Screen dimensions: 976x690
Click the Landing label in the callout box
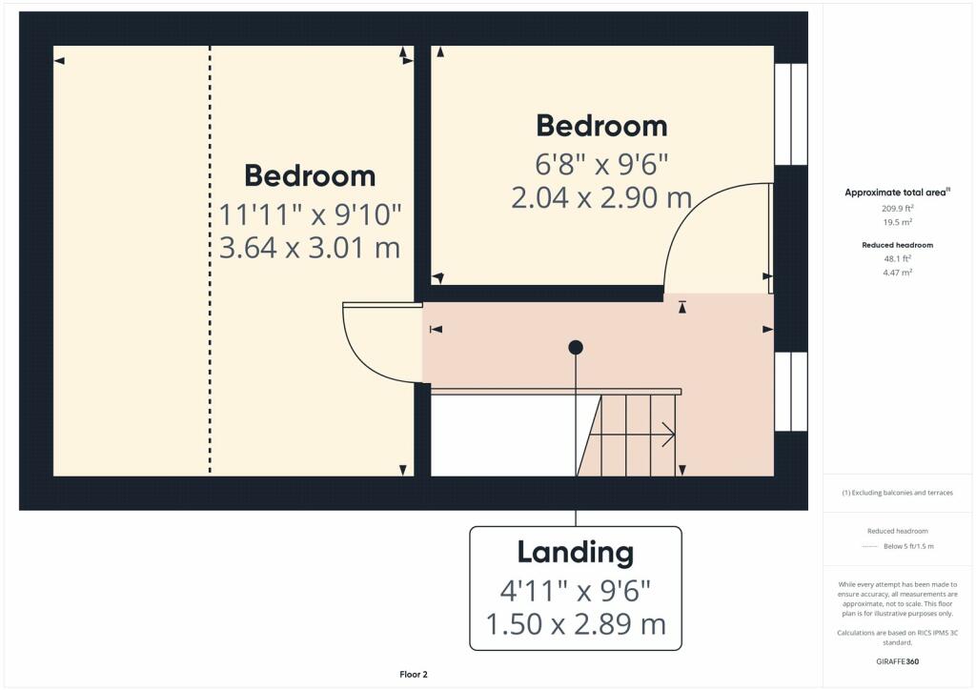click(575, 553)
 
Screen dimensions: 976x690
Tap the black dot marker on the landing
click(576, 347)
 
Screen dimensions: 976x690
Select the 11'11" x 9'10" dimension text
click(310, 215)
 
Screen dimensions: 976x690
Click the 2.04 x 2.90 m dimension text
click(601, 198)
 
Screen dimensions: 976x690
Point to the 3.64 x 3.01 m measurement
click(310, 248)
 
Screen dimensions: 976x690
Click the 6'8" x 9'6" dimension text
click(601, 165)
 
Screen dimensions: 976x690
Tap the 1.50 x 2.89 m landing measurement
click(575, 624)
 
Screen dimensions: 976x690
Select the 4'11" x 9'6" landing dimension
click(575, 591)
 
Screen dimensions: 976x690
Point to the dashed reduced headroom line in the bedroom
click(210, 259)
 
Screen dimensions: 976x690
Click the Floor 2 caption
click(414, 675)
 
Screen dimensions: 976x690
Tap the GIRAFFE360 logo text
click(897, 661)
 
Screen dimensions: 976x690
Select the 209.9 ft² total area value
click(897, 209)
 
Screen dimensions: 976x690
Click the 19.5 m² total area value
click(897, 222)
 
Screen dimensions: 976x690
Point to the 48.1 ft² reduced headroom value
click(897, 258)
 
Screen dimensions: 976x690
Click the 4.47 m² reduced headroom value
click(897, 272)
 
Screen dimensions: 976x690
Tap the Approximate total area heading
click(897, 193)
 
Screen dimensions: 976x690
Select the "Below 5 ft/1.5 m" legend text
click(908, 546)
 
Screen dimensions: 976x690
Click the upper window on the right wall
click(791, 113)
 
